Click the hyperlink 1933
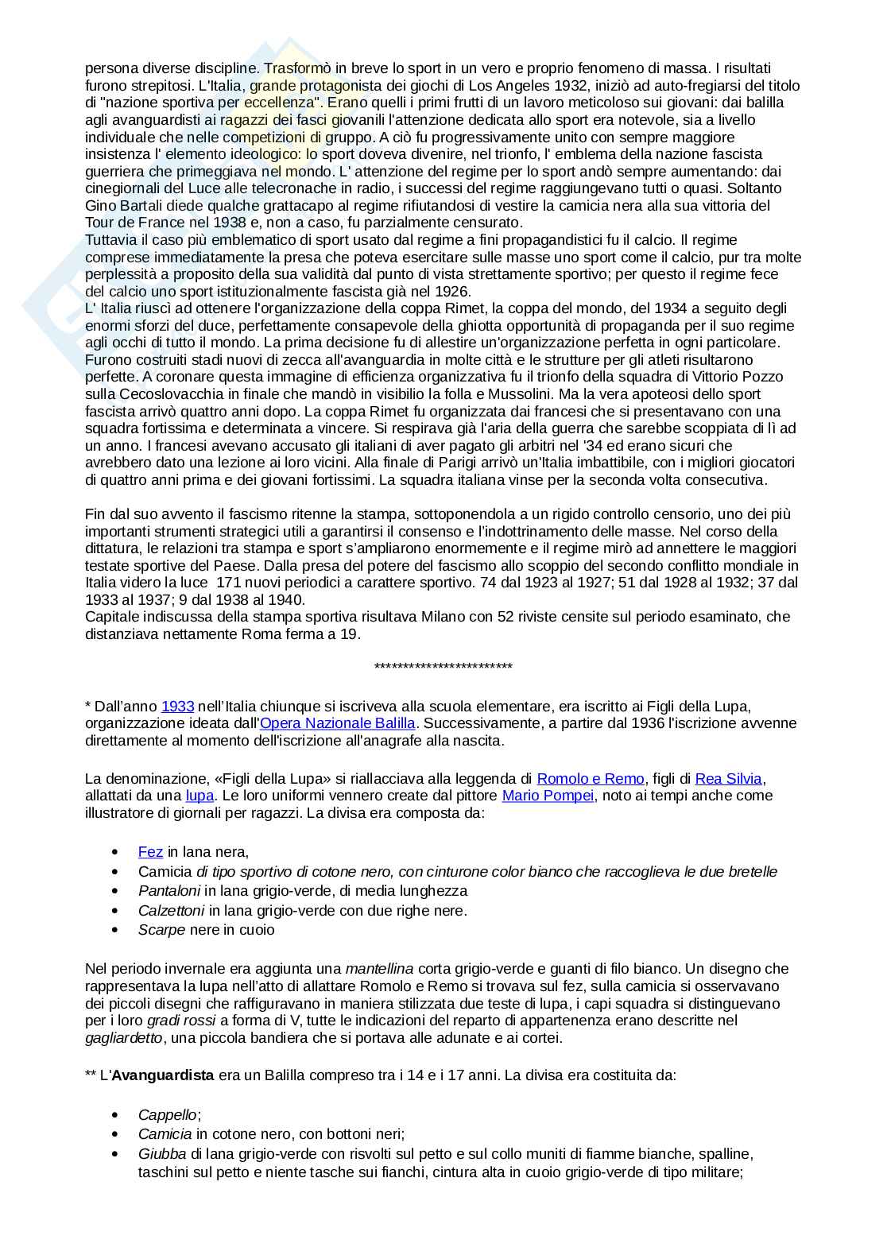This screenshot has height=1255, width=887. coord(178,706)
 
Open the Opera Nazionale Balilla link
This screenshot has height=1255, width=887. coord(338,723)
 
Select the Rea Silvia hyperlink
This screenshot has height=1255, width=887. coord(728,779)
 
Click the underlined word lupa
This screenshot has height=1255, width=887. coord(199,796)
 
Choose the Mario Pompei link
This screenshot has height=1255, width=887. coord(548,796)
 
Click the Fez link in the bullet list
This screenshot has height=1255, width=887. coord(150,852)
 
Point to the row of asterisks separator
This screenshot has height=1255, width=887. coord(443,667)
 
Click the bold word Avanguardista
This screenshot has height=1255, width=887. coord(162,1075)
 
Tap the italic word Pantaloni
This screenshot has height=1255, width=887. coord(169,891)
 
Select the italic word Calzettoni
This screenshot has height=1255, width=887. coord(172,910)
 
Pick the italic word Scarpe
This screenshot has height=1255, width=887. coord(162,930)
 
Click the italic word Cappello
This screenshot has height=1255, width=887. coord(167,1114)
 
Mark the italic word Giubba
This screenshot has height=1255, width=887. coord(162,1153)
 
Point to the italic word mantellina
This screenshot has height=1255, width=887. coord(379,969)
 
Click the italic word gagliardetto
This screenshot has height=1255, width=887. coord(124,1037)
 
